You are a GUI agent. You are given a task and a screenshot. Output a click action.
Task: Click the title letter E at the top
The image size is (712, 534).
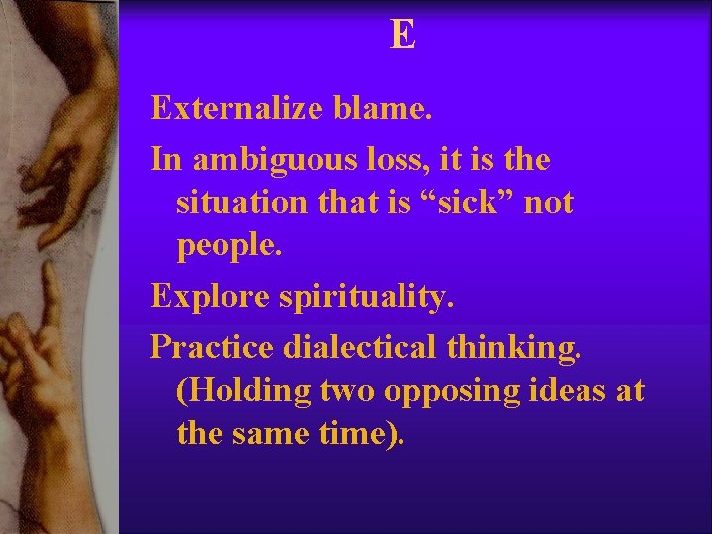pyautogui.click(x=402, y=36)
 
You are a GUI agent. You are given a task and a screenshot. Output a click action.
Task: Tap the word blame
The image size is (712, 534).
pyautogui.click(x=383, y=108)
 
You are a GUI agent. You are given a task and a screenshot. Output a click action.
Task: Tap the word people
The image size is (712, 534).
pyautogui.click(x=229, y=248)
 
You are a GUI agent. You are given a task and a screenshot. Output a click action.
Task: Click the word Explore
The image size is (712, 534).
pyautogui.click(x=207, y=296)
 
